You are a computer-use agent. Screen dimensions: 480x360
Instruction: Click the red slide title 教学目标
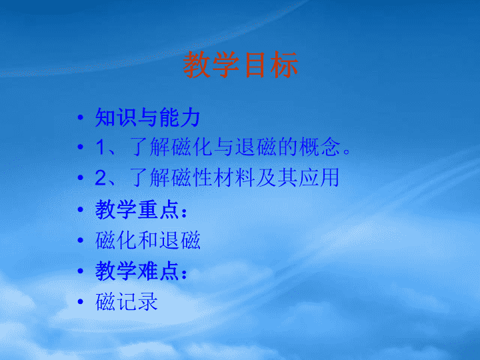(241, 65)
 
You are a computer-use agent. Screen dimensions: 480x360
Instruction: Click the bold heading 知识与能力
(147, 117)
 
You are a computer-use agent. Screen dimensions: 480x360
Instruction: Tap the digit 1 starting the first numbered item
(101, 147)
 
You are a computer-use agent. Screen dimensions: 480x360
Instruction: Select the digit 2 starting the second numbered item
(101, 177)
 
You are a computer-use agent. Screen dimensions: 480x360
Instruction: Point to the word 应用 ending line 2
(319, 177)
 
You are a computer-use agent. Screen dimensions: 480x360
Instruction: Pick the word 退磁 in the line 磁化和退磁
(180, 240)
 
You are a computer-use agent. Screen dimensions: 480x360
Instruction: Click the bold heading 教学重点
(137, 209)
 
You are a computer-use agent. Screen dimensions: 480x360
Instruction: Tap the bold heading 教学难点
(137, 271)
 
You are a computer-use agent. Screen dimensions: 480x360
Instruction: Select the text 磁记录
(127, 301)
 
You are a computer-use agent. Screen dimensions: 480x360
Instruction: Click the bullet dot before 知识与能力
(81, 117)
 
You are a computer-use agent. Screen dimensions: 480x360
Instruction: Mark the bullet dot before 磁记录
(81, 302)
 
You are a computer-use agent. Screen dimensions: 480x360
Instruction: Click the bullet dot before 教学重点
(81, 210)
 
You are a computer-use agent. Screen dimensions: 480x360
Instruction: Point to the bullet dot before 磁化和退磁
(81, 240)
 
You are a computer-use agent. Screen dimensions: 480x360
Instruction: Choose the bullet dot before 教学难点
(81, 271)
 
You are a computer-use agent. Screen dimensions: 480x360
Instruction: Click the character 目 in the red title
(255, 65)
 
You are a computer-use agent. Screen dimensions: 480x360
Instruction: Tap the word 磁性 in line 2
(192, 177)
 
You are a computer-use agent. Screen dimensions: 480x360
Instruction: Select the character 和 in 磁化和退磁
(148, 240)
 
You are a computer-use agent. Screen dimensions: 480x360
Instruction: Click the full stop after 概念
(347, 151)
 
